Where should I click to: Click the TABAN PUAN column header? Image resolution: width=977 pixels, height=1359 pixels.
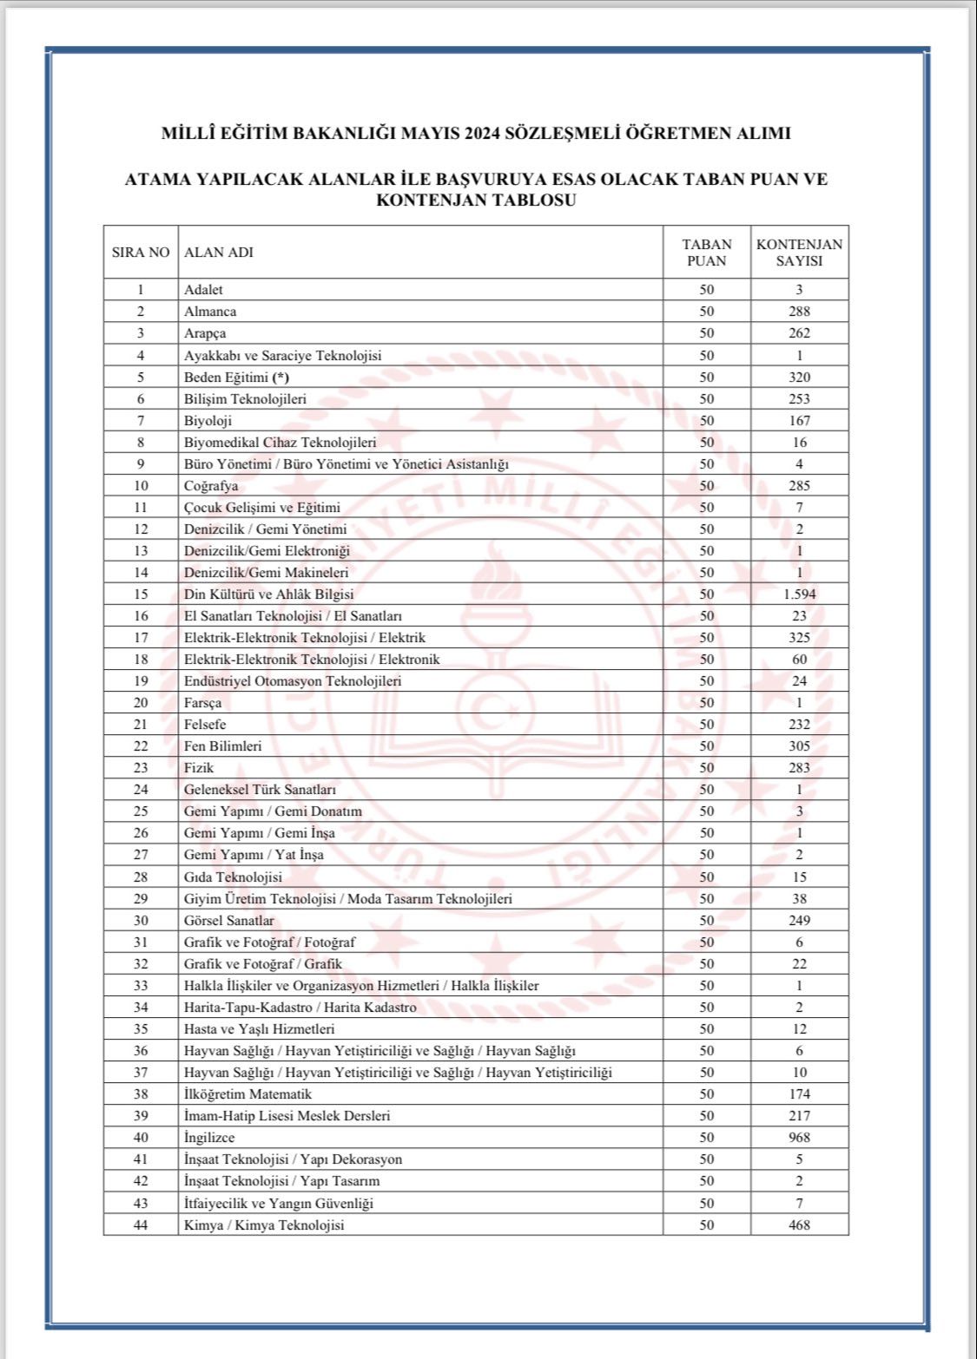706,253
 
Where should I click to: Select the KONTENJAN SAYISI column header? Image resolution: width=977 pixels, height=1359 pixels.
799,253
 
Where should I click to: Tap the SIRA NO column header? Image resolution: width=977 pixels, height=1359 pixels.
141,253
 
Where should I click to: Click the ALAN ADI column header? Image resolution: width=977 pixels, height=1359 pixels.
219,253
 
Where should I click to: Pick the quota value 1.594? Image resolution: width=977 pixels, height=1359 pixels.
799,594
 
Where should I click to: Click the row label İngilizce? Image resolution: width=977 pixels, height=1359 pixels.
209,1138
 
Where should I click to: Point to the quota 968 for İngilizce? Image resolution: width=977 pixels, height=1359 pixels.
799,1138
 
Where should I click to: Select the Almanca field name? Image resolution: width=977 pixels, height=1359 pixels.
210,312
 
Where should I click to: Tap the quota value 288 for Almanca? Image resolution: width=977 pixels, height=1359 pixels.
799,312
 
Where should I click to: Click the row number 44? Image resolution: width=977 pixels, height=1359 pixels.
141,1224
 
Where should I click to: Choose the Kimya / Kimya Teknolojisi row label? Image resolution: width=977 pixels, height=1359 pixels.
264,1224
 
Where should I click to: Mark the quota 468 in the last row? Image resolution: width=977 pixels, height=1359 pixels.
799,1224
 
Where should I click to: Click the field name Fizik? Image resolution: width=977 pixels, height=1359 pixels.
199,768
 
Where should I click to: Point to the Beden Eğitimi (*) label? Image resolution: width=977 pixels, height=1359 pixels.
236,377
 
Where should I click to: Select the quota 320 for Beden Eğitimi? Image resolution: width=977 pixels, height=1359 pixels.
799,377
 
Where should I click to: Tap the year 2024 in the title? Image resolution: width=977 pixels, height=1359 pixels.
479,134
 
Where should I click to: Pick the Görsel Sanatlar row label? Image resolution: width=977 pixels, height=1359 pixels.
229,921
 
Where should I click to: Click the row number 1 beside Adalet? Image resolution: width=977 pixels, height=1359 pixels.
141,290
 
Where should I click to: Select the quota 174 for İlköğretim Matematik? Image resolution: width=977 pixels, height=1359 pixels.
799,1094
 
